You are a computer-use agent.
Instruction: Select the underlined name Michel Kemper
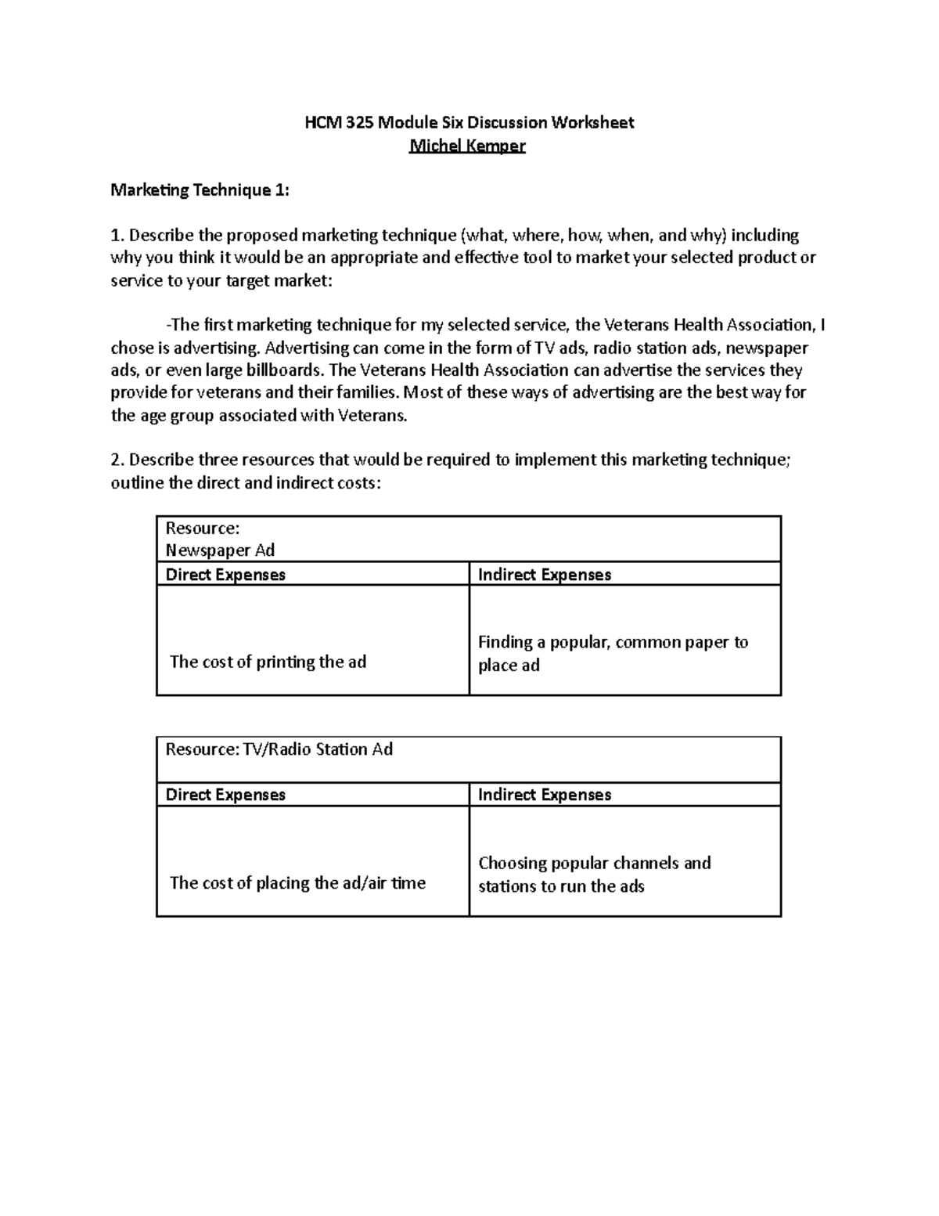pos(468,146)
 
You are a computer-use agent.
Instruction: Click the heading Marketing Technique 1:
pos(200,189)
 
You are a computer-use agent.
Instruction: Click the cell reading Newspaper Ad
pos(220,550)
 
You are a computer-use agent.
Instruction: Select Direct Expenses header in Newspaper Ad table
pos(225,574)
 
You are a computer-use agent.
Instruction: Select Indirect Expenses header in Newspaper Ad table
pos(544,574)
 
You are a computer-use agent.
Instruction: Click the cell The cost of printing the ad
pos(268,662)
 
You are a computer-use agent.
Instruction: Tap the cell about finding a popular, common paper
pos(613,653)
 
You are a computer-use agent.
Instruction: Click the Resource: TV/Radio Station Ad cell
pos(279,749)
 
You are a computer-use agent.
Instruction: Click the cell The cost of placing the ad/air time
pos(297,882)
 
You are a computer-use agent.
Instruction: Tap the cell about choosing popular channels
pos(594,874)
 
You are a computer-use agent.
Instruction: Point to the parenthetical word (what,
pos(485,235)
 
